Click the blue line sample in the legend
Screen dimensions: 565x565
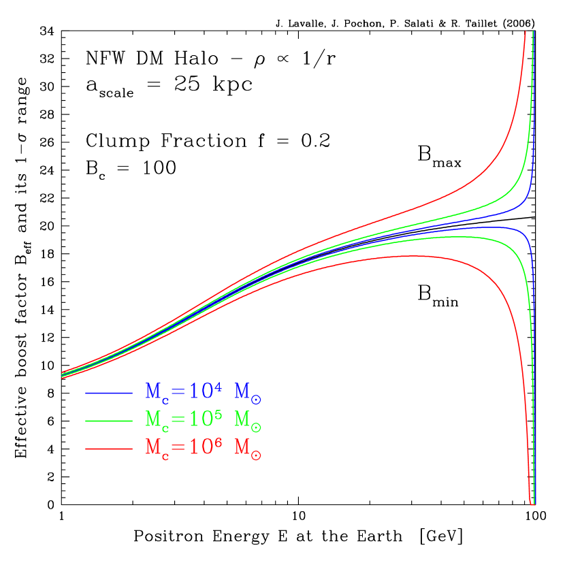tap(109, 393)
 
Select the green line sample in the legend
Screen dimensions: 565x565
tap(109, 421)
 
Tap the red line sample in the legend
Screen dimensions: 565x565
tap(109, 449)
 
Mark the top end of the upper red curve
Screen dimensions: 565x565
tap(525, 32)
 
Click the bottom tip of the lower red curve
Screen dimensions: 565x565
tap(531, 504)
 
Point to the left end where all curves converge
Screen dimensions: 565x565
tap(62, 374)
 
